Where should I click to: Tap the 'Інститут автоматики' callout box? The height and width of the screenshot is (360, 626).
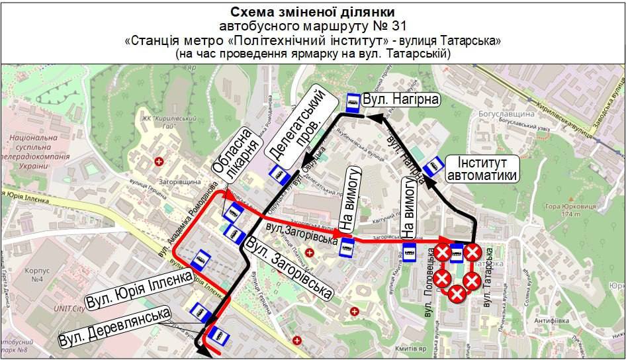tap(481, 169)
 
